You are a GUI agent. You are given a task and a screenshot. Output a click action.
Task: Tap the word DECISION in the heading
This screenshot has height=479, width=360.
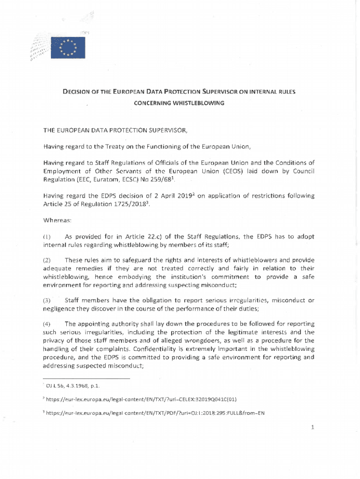click(x=79, y=93)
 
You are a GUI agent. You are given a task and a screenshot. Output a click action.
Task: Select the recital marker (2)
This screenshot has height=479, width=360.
click(x=47, y=260)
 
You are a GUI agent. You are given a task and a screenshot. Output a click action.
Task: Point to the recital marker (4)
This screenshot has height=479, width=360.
click(x=47, y=324)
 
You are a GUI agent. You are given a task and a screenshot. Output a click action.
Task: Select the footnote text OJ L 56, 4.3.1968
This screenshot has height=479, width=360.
click(x=70, y=386)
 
